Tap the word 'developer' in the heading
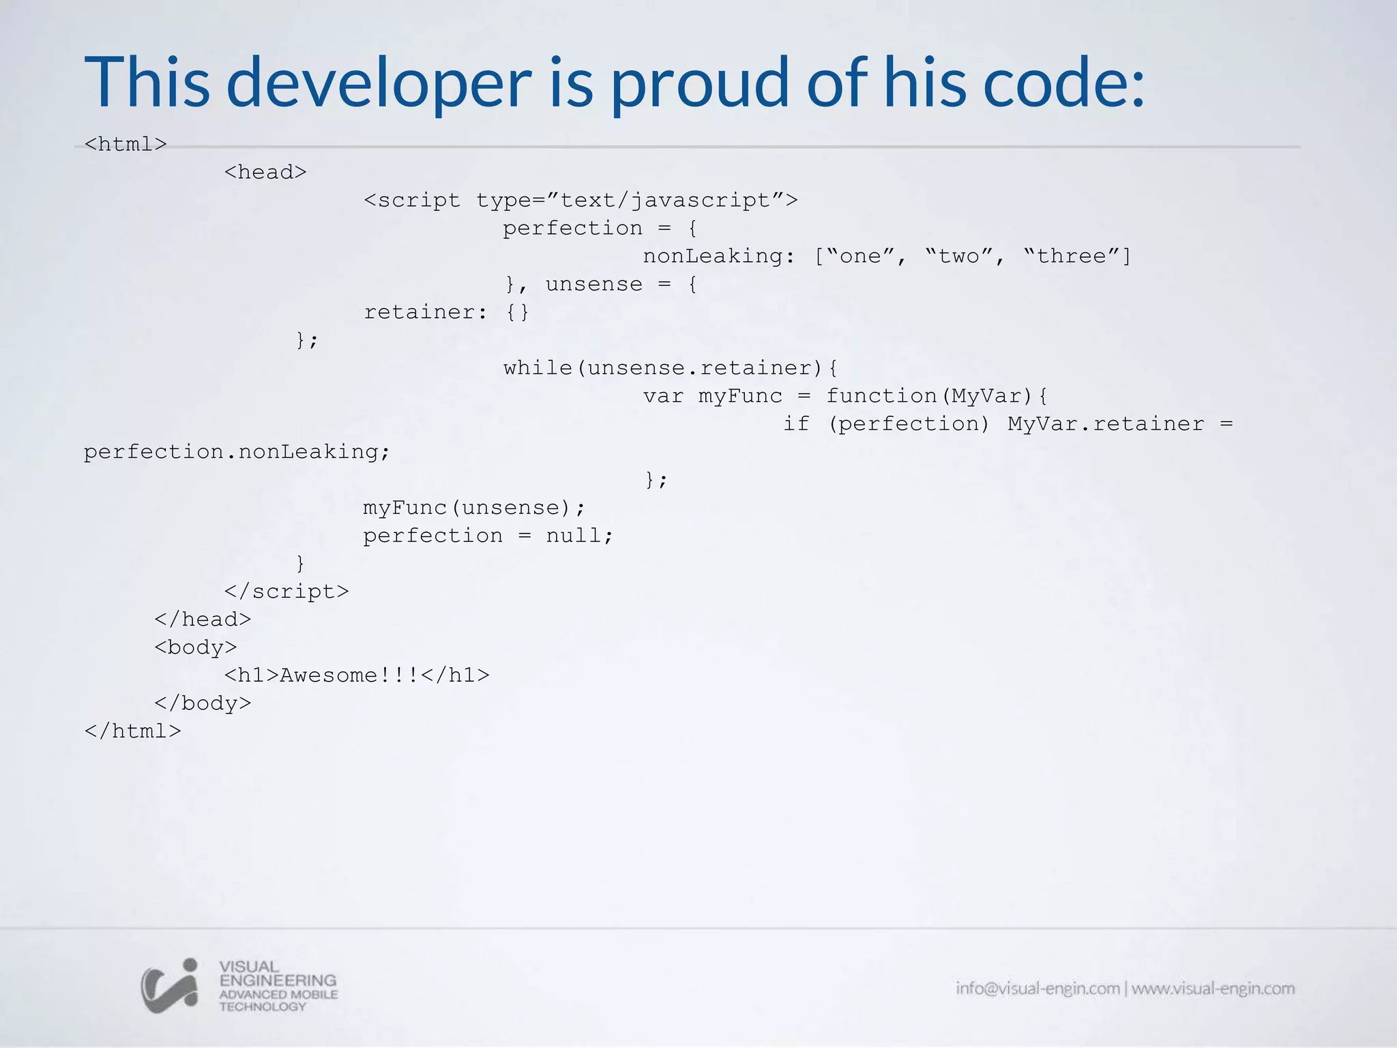click(x=379, y=83)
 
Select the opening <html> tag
click(x=126, y=144)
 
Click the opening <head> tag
click(x=265, y=172)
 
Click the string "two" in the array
click(x=958, y=256)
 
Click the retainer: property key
click(x=426, y=312)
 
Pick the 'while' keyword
click(x=538, y=368)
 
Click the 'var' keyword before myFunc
click(x=663, y=396)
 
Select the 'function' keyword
click(x=881, y=396)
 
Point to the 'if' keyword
click(x=796, y=424)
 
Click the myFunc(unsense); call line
click(x=474, y=508)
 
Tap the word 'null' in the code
click(x=573, y=536)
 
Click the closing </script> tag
click(x=286, y=592)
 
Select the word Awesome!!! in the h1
click(x=349, y=675)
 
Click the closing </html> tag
click(x=132, y=731)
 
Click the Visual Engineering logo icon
click(x=170, y=986)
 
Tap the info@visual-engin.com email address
click(x=1037, y=989)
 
